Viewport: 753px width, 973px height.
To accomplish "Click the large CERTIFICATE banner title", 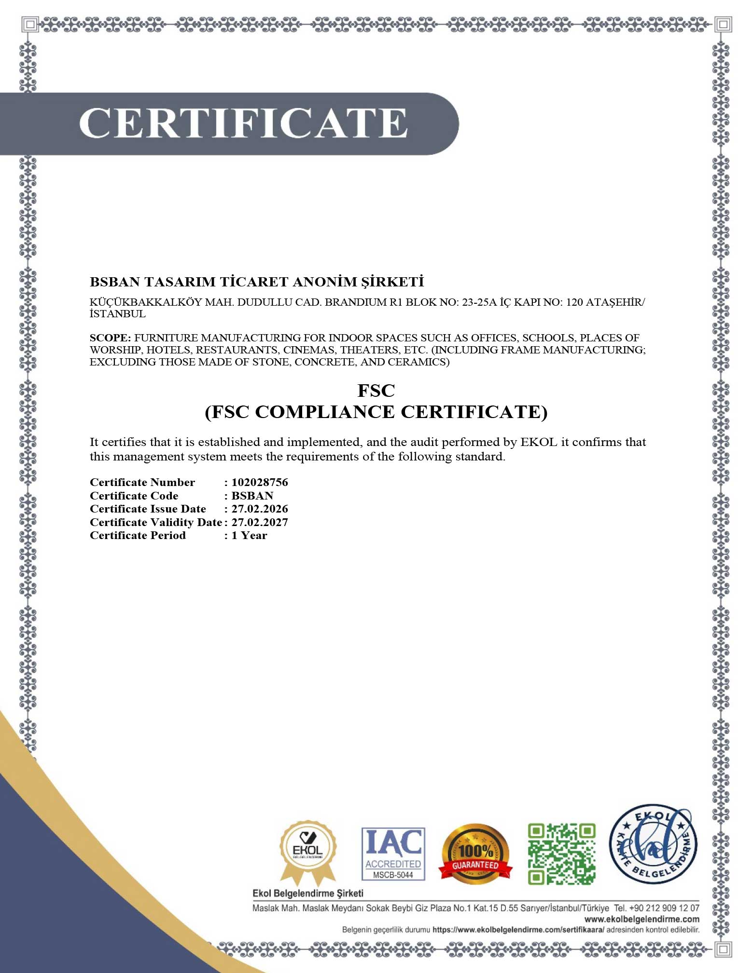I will click(243, 123).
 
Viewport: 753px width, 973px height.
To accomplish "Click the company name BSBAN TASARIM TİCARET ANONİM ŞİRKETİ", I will click(257, 282).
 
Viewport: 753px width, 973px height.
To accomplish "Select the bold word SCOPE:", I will click(110, 338).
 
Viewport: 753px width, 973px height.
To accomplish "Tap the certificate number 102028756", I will click(260, 482).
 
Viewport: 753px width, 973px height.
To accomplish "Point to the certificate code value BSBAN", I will click(252, 496).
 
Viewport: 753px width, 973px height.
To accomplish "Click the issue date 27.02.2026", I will click(260, 509).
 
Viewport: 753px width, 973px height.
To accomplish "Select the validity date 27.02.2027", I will click(260, 522).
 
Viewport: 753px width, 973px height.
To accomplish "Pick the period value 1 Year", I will click(249, 535).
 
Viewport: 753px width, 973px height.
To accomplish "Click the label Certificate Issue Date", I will click(148, 509).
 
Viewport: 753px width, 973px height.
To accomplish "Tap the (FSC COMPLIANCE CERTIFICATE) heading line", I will click(376, 412).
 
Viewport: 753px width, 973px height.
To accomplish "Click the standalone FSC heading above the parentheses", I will click(376, 391).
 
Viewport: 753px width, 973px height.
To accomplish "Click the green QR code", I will click(561, 854).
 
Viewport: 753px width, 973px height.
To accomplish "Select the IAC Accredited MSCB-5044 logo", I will click(393, 854).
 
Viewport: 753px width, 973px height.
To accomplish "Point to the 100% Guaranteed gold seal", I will click(475, 854).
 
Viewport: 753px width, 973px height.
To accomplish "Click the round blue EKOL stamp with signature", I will click(653, 844).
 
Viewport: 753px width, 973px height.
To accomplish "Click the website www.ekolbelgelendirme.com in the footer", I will click(641, 919).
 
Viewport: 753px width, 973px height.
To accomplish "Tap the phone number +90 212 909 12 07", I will click(664, 908).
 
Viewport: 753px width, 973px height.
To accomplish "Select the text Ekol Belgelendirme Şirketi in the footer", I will click(308, 893).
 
